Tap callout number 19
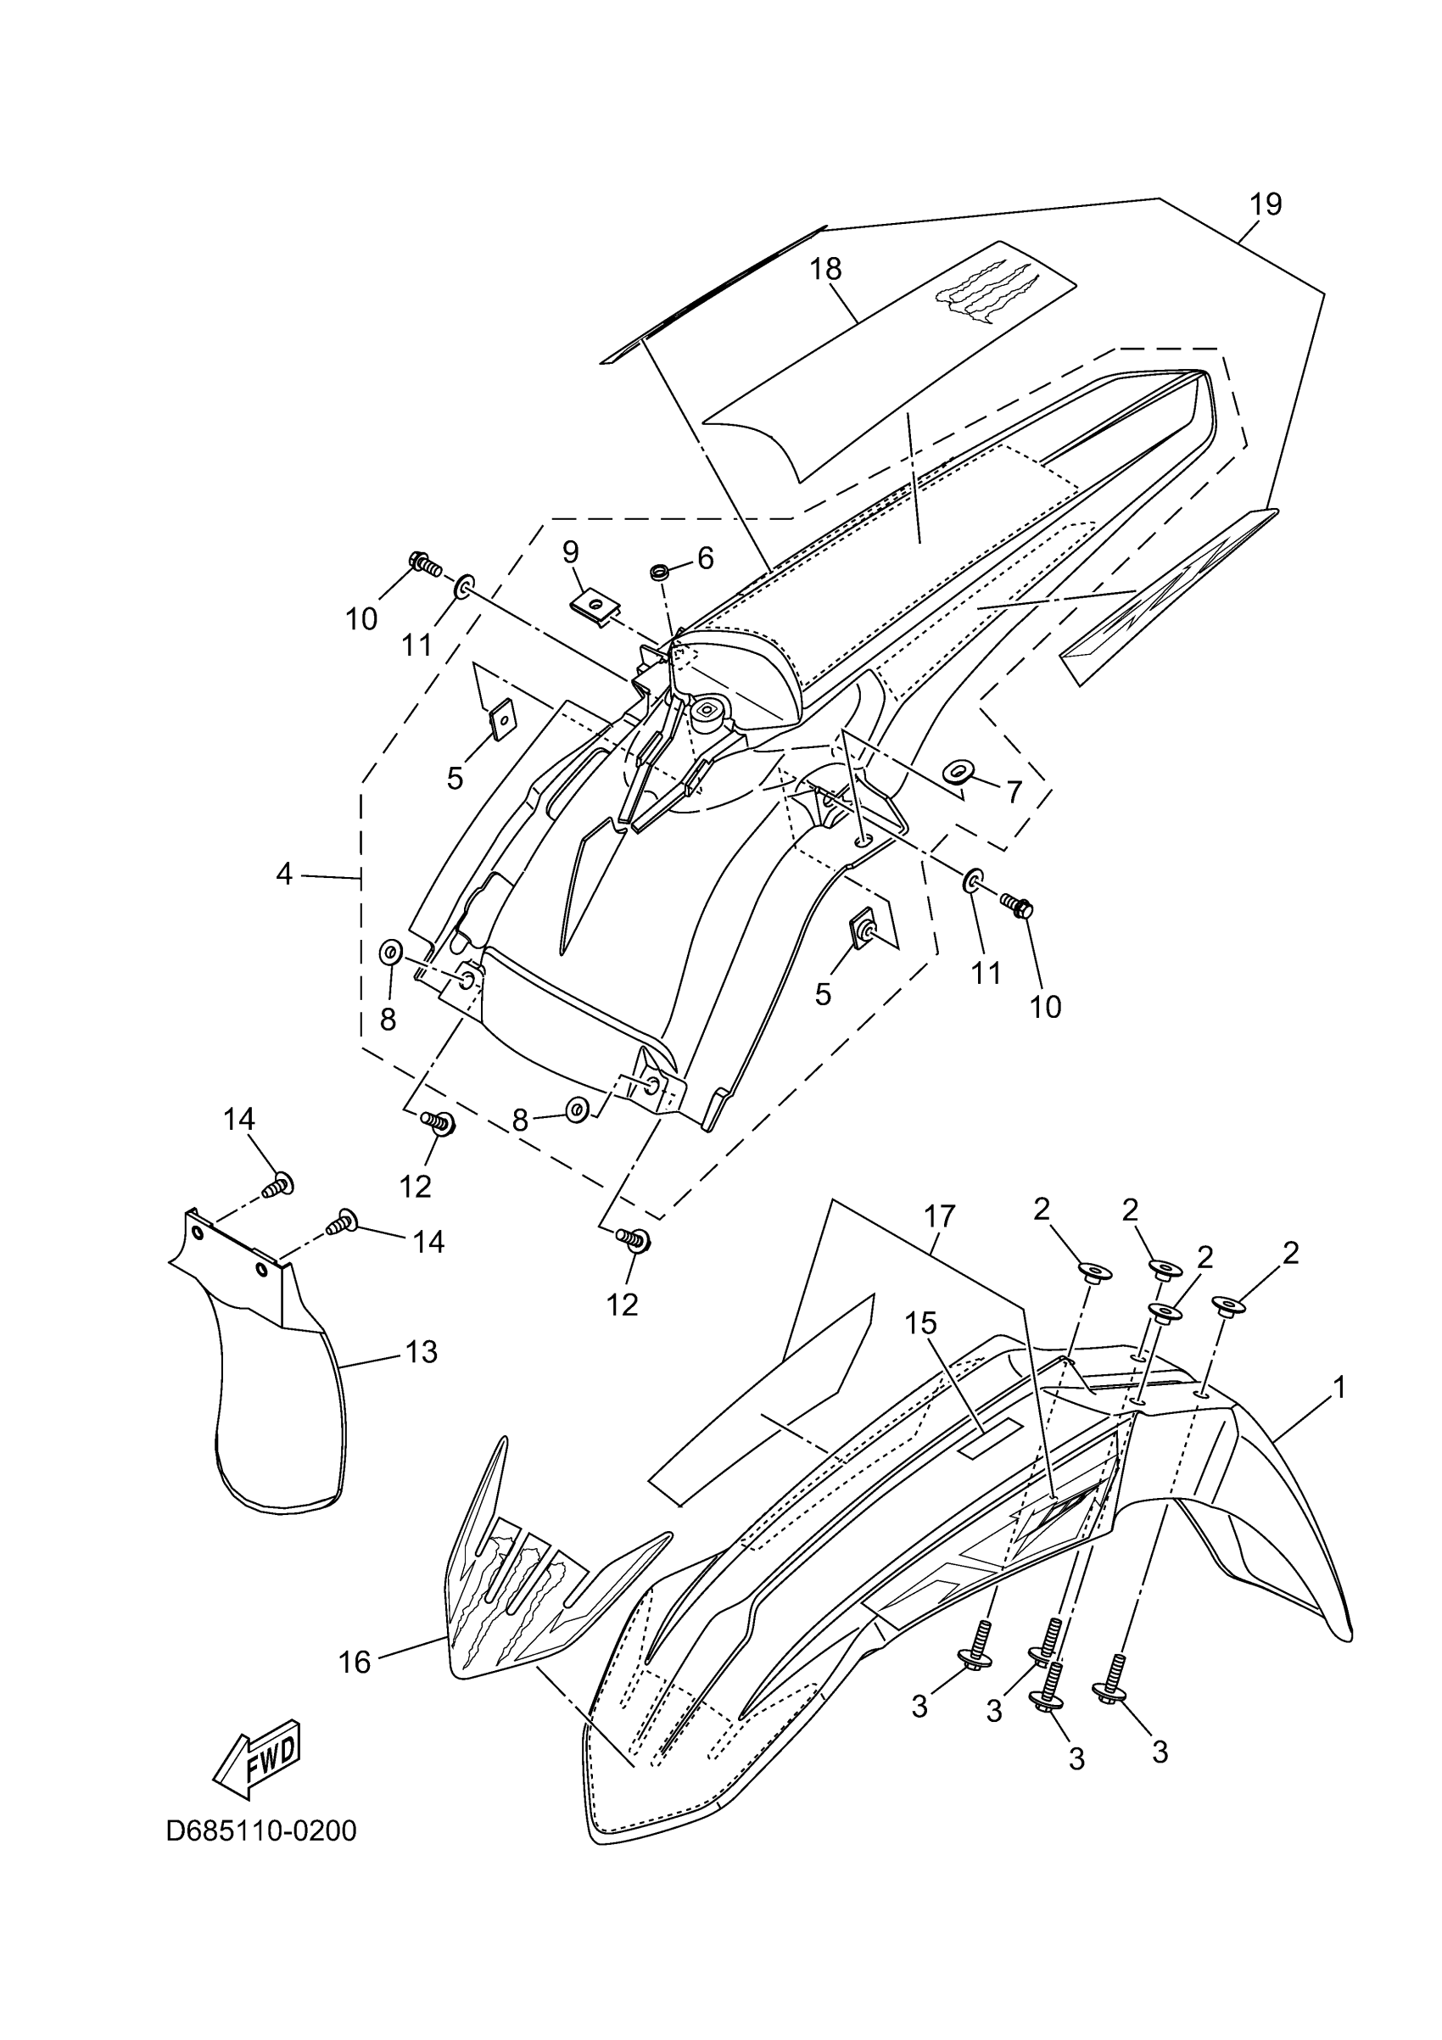[x=1266, y=204]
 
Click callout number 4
[x=284, y=875]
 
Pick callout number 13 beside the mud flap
[x=422, y=1351]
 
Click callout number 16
[x=355, y=1663]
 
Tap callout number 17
[x=940, y=1216]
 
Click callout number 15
[x=921, y=1323]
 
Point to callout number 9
[x=570, y=553]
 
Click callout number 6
[x=706, y=558]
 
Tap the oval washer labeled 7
[x=959, y=769]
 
